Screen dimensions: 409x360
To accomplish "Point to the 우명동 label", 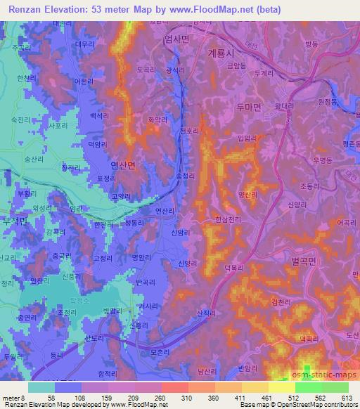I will [x=323, y=161].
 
